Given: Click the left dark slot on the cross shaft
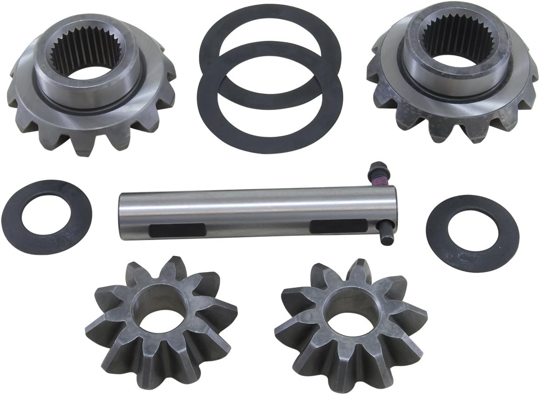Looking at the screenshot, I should point(178,229).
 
